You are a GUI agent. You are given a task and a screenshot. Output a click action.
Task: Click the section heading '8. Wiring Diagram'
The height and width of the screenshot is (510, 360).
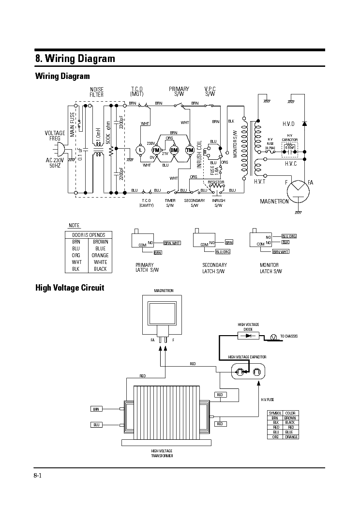point(75,59)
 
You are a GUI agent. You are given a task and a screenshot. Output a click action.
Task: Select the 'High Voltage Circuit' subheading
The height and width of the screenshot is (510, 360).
point(70,288)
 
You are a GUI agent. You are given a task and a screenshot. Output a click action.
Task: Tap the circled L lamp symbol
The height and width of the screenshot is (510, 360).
point(141,150)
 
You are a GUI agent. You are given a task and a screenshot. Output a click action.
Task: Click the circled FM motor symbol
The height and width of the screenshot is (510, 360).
point(156,150)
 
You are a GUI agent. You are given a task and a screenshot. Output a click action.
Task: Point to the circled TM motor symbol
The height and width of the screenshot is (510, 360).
point(190,150)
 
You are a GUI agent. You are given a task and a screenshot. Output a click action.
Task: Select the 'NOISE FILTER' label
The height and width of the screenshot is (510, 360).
point(96,92)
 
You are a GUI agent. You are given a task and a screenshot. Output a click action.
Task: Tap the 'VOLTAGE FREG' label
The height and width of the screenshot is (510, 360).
point(55,136)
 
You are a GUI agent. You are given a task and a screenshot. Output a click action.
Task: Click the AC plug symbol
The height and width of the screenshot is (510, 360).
point(57,149)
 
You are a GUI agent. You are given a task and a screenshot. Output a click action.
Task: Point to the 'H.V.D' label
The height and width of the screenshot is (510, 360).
point(288,124)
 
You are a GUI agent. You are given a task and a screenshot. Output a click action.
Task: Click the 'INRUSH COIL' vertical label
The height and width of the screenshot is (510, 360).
point(199,155)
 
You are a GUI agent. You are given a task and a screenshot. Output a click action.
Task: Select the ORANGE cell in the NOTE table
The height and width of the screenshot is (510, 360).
point(100,255)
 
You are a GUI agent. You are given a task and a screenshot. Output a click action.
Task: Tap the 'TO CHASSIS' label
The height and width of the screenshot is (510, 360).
point(289,336)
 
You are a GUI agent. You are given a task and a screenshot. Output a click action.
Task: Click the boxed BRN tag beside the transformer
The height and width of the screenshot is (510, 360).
point(96,409)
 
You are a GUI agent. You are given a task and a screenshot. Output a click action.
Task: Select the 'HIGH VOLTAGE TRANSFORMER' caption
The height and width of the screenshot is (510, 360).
point(162,453)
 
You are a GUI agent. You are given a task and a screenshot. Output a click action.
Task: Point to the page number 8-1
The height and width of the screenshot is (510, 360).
point(38,475)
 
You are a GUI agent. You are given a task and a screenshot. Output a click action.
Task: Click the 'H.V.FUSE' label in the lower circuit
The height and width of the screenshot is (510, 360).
point(268,400)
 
